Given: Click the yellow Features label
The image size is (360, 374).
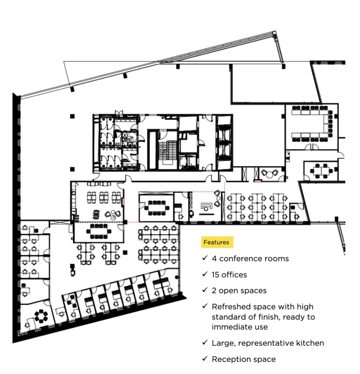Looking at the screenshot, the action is (x=217, y=242).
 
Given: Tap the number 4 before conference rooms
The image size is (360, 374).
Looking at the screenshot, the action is (x=214, y=259).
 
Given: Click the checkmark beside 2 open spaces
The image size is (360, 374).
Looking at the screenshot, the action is (x=205, y=290).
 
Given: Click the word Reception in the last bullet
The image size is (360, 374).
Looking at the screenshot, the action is (x=228, y=359).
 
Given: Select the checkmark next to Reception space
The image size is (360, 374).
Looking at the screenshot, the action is (x=205, y=359).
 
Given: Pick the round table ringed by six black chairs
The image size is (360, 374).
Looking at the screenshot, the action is (x=41, y=316).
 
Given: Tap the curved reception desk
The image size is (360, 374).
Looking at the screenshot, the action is (x=207, y=206).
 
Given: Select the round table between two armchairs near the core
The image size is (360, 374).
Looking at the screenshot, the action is (x=270, y=175).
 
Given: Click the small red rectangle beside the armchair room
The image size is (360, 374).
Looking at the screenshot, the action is (x=258, y=181).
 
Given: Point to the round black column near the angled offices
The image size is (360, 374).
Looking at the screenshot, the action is (x=177, y=277).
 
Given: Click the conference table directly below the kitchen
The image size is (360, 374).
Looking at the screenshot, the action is (x=99, y=231).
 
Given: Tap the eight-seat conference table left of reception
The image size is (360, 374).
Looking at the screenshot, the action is (x=157, y=208).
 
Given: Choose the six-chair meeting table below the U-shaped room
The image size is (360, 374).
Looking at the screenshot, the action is (x=322, y=171).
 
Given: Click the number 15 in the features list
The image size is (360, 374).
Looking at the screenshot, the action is (x=215, y=275).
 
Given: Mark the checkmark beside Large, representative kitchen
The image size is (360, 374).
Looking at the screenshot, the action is (x=205, y=343).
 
